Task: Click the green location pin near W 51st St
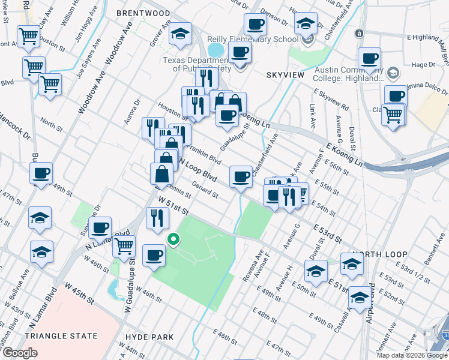(173, 240)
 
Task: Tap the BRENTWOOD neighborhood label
(143, 13)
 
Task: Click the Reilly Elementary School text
(261, 39)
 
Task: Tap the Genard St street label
(205, 190)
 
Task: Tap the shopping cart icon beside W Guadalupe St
(124, 245)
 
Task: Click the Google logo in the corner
(20, 353)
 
